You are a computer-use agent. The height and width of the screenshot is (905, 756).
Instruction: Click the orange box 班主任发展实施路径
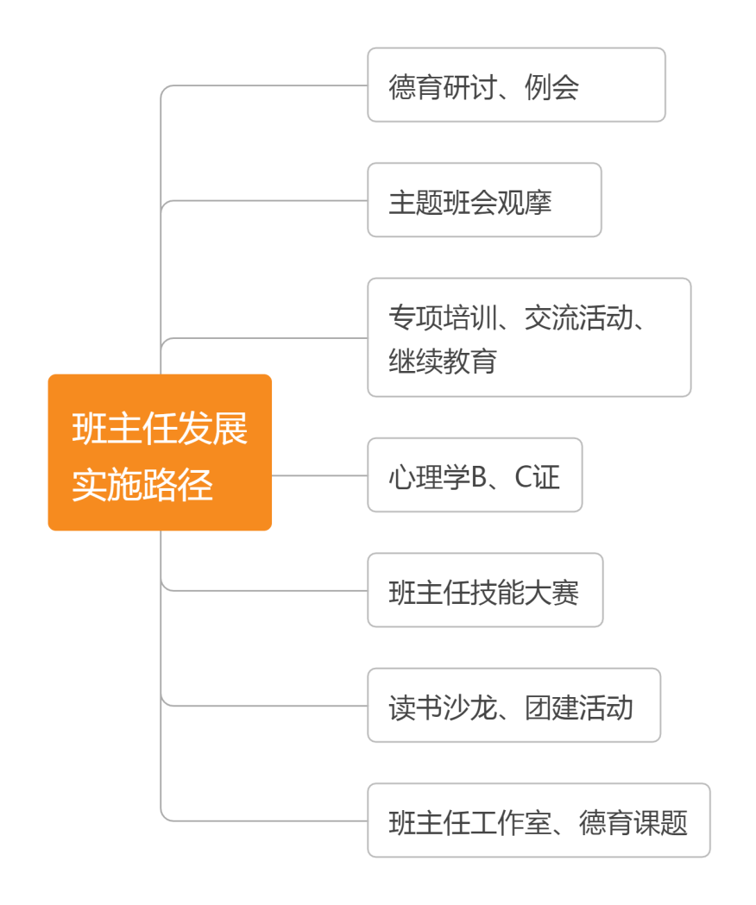pyautogui.click(x=160, y=452)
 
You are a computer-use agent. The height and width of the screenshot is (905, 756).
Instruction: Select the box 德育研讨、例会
pyautogui.click(x=516, y=85)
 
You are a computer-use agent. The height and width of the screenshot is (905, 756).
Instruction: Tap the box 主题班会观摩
pyautogui.click(x=484, y=199)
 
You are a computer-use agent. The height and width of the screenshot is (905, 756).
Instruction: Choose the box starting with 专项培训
pyautogui.click(x=529, y=337)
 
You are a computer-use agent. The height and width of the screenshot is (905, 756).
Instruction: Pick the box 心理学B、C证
pyautogui.click(x=475, y=474)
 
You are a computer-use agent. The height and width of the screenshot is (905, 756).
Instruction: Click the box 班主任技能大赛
pyautogui.click(x=485, y=590)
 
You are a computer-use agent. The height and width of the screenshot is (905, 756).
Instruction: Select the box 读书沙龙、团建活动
pyautogui.click(x=513, y=705)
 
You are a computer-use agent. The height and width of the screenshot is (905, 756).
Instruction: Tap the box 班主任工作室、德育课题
pyautogui.click(x=539, y=820)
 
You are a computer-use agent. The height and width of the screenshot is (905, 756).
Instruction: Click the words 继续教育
pyautogui.click(x=443, y=361)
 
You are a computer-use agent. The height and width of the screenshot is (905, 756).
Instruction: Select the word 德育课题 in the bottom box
pyautogui.click(x=633, y=823)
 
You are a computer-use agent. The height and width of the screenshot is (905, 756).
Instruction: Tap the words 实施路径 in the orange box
pyautogui.click(x=142, y=485)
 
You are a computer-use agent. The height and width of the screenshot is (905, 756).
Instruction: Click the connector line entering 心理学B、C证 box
pyautogui.click(x=319, y=474)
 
